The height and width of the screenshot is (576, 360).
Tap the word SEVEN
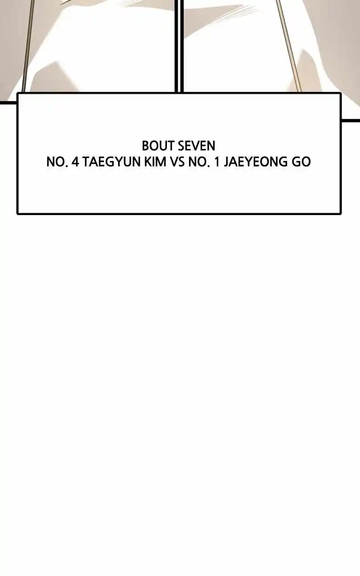pyautogui.click(x=197, y=146)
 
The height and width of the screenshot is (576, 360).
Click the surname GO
pyautogui.click(x=301, y=162)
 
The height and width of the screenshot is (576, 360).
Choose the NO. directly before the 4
pyautogui.click(x=57, y=162)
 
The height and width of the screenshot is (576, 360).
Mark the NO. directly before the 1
pyautogui.click(x=199, y=162)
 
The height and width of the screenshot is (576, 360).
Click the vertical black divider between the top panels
pyautogui.click(x=179, y=46)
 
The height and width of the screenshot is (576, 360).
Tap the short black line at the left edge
pyautogui.click(x=8, y=103)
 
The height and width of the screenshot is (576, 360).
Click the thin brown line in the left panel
pyautogui.click(x=28, y=46)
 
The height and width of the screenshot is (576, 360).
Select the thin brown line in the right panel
pyautogui.click(x=289, y=46)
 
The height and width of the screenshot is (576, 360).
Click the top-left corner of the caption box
pyautogui.click(x=18, y=93)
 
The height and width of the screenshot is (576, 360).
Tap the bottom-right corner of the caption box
pyautogui.click(x=341, y=213)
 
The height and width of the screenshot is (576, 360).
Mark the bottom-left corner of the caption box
pyautogui.click(x=18, y=213)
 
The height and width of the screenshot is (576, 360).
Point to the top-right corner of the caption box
pyautogui.click(x=341, y=93)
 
